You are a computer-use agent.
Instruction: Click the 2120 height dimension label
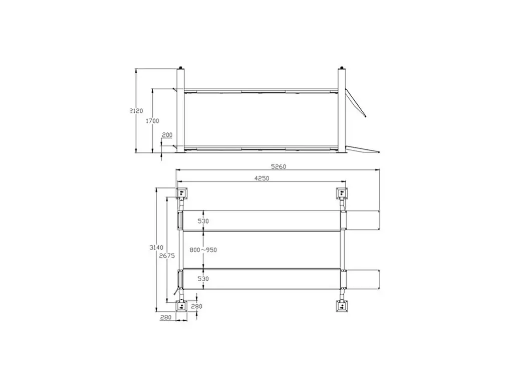(136, 111)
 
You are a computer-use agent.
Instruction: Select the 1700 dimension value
(152, 121)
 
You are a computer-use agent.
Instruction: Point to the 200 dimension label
(167, 135)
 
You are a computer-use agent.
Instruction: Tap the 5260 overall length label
(279, 166)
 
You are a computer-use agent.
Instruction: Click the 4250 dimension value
(262, 178)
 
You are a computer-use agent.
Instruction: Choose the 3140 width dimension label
(156, 248)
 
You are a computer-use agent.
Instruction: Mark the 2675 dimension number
(167, 256)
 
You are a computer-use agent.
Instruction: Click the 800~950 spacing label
(203, 250)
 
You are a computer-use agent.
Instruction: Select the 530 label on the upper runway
(203, 221)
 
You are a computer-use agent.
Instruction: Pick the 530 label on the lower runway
(203, 279)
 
